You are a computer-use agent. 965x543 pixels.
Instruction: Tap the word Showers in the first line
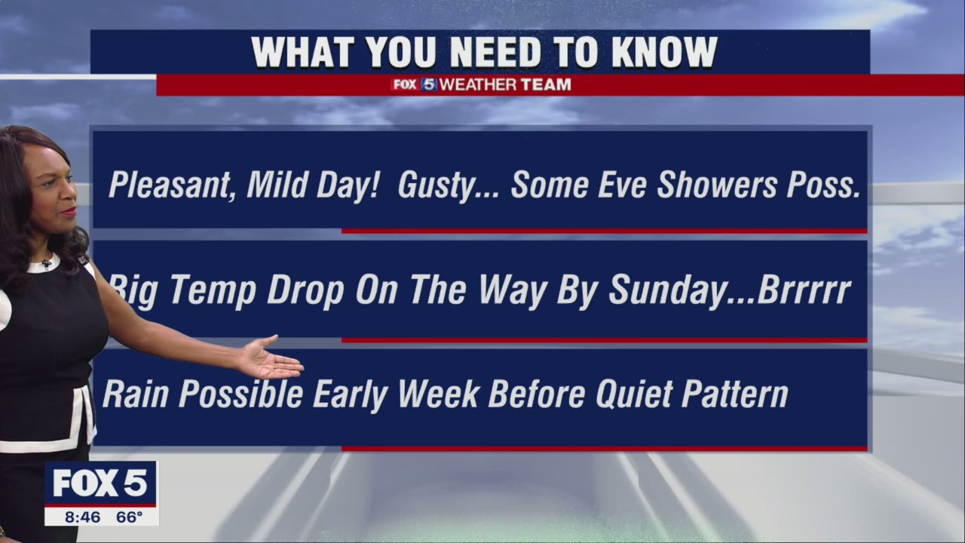tap(715, 185)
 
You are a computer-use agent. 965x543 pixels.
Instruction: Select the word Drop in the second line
tap(305, 290)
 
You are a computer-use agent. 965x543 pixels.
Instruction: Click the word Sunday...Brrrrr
tap(729, 290)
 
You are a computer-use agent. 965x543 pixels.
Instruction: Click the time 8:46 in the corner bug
tap(83, 517)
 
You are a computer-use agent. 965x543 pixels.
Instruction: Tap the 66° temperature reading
tap(129, 517)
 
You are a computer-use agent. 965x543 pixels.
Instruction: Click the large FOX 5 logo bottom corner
tap(100, 483)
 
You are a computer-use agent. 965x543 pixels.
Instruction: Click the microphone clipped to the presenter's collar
tap(47, 263)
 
